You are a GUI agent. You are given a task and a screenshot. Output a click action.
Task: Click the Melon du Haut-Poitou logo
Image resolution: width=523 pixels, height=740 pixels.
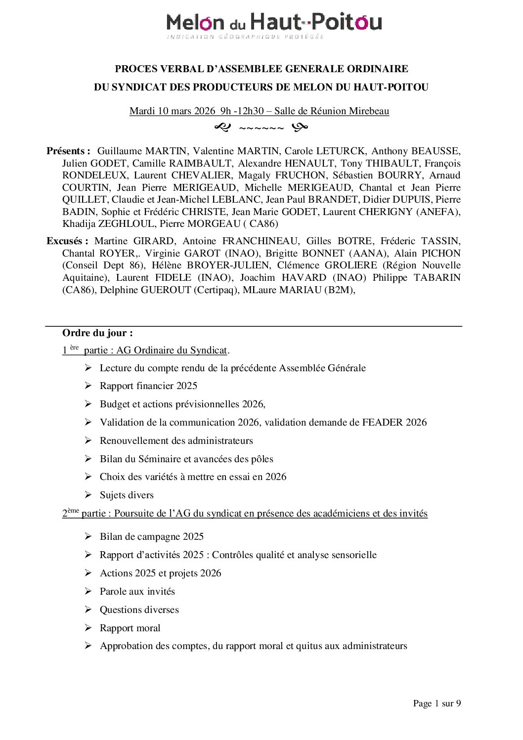tap(274, 25)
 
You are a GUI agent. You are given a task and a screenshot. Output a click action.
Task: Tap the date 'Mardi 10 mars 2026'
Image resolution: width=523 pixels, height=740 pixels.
tap(172, 111)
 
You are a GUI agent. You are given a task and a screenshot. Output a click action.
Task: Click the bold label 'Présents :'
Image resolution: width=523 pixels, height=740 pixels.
tap(68, 151)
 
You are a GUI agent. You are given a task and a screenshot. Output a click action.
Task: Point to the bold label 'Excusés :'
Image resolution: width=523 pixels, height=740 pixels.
tap(67, 241)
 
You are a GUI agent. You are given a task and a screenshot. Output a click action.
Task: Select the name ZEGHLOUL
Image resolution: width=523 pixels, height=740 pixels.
tap(127, 223)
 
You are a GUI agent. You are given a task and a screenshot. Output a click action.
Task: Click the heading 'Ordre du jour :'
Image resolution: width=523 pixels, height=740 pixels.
tap(97, 333)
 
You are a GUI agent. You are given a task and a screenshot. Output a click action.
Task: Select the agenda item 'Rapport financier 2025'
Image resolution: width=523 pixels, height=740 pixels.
tap(148, 386)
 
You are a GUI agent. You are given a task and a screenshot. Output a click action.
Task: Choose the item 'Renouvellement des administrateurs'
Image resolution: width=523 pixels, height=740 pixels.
tap(176, 440)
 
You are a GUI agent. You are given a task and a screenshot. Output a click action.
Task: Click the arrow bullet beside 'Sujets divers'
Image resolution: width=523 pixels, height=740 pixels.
tap(88, 495)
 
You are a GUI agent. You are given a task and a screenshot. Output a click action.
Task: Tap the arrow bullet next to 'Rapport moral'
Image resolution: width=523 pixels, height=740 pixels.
tap(88, 628)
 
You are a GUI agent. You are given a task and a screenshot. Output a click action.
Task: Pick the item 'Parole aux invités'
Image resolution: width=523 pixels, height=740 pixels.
tap(137, 591)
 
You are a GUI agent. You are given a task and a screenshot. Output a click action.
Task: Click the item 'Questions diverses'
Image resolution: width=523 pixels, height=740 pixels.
tap(139, 609)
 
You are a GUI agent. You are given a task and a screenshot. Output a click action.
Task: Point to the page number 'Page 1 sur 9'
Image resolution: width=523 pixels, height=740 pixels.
tap(436, 703)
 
